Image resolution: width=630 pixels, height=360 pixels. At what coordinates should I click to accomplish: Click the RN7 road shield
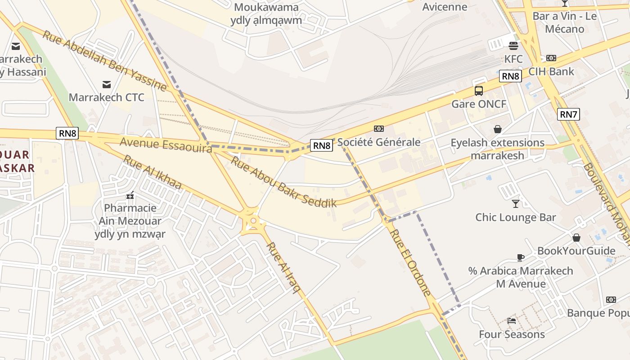(x=568, y=114)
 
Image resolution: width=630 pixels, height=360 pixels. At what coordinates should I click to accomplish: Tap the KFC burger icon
(x=513, y=45)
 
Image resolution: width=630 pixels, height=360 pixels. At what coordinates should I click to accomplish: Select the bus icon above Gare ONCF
(x=479, y=91)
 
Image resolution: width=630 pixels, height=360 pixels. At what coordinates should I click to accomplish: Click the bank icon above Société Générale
(x=379, y=129)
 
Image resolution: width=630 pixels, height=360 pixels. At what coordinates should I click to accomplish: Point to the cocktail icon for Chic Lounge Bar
(x=516, y=203)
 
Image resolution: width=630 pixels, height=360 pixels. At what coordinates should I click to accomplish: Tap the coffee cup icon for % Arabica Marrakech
(x=521, y=257)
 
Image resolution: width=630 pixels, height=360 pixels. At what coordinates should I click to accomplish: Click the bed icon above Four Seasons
(x=512, y=320)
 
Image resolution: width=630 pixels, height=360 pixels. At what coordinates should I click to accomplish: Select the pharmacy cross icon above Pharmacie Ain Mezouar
(x=130, y=196)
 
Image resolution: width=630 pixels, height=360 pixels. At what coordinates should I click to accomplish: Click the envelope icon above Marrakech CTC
(x=107, y=84)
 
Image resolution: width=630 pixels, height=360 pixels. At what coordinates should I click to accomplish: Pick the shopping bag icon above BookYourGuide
(x=576, y=238)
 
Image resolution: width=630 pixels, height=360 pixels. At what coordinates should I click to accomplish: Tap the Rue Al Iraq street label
(x=283, y=267)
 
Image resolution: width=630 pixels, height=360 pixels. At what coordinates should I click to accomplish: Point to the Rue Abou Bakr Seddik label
(x=283, y=181)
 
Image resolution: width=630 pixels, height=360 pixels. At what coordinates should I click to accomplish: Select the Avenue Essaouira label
(x=166, y=145)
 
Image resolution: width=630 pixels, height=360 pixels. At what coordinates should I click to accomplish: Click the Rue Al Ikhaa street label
(x=153, y=172)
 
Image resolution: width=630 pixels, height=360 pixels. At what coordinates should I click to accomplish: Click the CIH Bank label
(x=551, y=72)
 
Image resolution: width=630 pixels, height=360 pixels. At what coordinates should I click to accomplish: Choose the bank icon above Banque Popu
(x=611, y=300)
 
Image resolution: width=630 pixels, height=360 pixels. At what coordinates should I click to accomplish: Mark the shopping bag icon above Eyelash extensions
(x=498, y=130)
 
